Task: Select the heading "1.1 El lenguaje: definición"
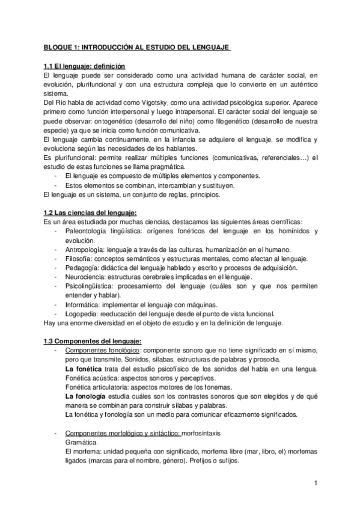click(x=85, y=66)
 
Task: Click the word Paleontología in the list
click(x=89, y=231)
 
